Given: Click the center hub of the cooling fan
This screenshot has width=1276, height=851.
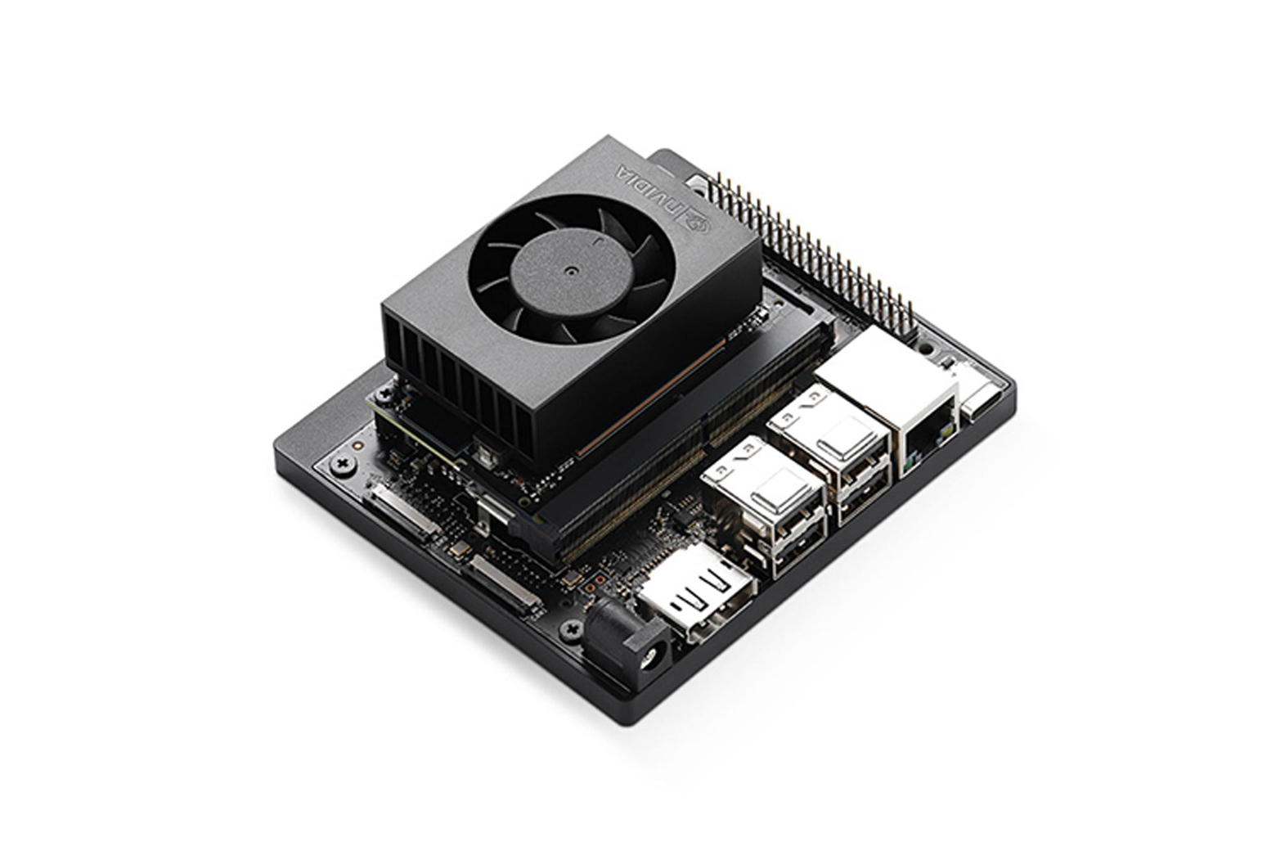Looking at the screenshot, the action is [569, 271].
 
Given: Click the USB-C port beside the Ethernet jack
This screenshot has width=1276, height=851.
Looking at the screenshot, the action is [985, 398].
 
